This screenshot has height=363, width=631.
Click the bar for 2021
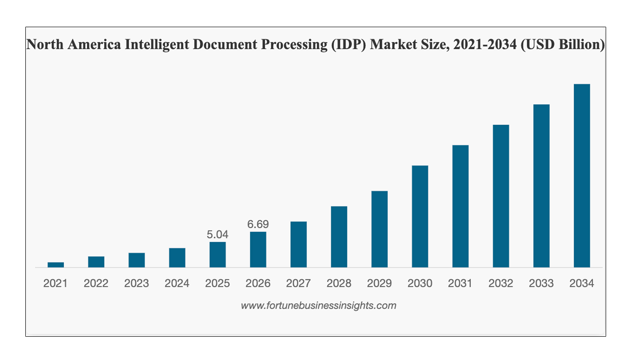point(56,265)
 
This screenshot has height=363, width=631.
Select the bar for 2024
point(177,258)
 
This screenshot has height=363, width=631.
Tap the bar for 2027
point(299,244)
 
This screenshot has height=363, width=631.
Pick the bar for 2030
point(420,216)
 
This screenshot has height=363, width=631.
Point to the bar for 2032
point(501,196)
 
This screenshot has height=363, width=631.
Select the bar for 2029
point(380,229)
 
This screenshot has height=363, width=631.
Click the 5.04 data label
point(218,234)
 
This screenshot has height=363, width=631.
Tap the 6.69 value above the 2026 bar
point(258,224)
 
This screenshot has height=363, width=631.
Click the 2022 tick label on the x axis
point(96,284)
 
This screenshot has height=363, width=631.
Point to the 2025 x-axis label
point(218,284)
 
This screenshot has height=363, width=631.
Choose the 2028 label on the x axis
point(339,284)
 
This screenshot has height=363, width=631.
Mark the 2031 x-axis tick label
point(460,284)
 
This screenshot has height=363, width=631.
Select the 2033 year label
point(541,284)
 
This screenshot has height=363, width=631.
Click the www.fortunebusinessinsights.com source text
point(318,306)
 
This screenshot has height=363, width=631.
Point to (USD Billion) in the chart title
point(563,44)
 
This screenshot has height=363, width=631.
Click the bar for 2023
point(137,260)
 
